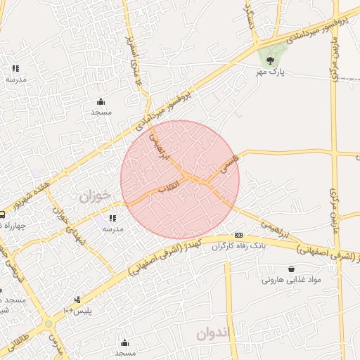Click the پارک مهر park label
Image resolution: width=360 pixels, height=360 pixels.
pyautogui.click(x=270, y=72)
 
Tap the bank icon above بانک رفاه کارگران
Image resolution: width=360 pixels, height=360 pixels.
pyautogui.click(x=239, y=235)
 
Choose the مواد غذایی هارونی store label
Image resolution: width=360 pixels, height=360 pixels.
pyautogui.click(x=291, y=279)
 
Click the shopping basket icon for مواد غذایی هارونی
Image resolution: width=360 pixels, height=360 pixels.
pyautogui.click(x=291, y=269)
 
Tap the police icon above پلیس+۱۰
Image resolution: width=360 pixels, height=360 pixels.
pyautogui.click(x=78, y=300)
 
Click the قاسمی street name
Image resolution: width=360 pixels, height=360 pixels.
pyautogui.click(x=230, y=163)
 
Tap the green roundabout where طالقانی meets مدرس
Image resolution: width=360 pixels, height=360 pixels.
pyautogui.click(x=47, y=323)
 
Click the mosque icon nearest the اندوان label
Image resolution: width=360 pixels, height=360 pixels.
pyautogui.click(x=125, y=342)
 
